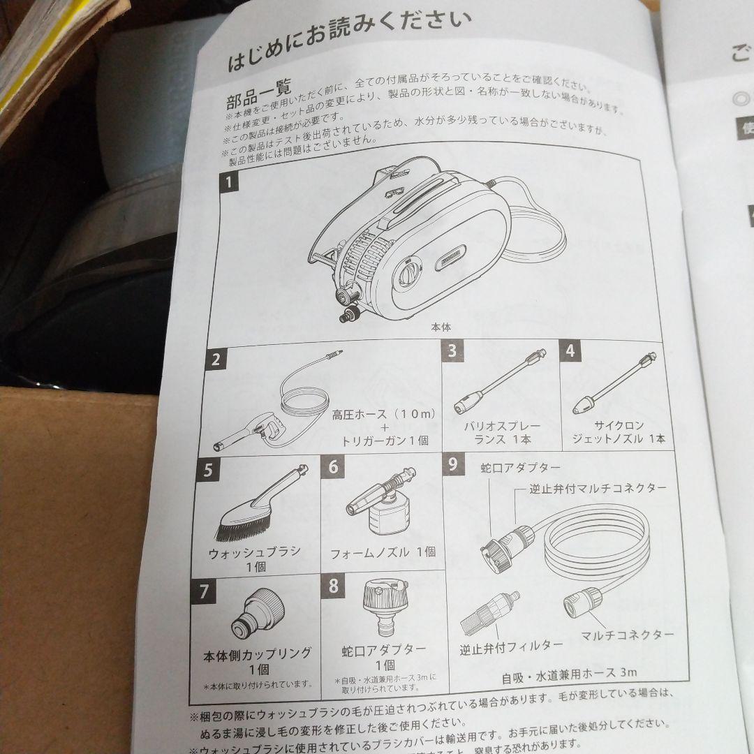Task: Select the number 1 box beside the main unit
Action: (229, 185)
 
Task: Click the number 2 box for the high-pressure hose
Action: (216, 360)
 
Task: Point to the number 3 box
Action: (452, 350)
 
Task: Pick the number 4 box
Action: (570, 350)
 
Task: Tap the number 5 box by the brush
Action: (207, 470)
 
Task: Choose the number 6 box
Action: (333, 466)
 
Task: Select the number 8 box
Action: (333, 585)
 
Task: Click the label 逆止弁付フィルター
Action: (501, 646)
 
